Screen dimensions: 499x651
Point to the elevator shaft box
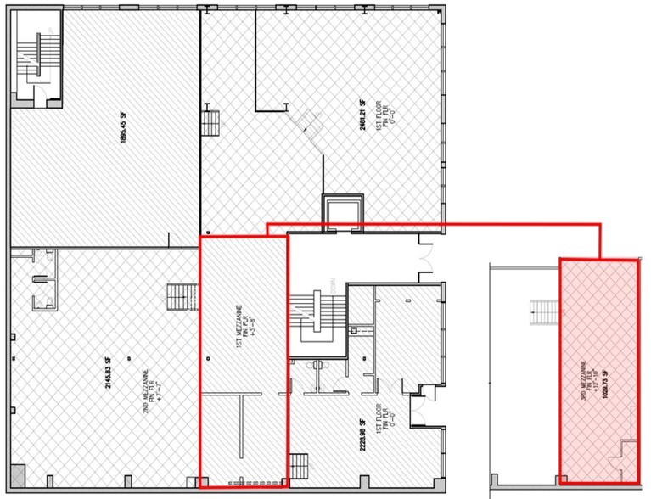click(x=341, y=211)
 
